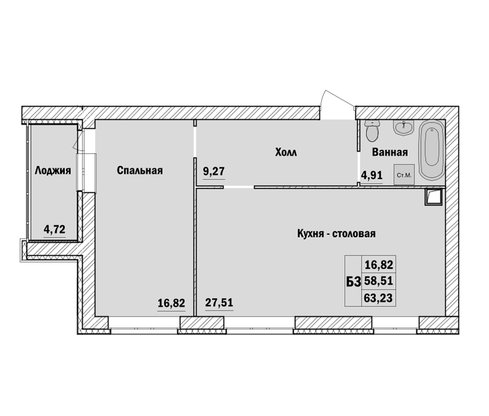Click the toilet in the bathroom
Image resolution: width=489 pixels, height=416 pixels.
(372, 131)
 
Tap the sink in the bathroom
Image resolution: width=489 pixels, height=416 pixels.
(403, 128)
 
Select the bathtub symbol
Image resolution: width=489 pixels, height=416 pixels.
(432, 150)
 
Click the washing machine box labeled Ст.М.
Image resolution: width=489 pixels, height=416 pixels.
(404, 175)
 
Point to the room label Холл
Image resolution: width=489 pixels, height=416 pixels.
(286, 153)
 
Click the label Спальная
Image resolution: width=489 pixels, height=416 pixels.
(140, 171)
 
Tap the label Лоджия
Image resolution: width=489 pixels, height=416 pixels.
(53, 171)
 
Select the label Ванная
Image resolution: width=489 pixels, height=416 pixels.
(390, 152)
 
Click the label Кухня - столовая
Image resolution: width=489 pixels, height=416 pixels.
(336, 234)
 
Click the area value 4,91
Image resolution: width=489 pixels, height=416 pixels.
(372, 175)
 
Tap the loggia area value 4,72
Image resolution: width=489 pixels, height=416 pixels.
(55, 230)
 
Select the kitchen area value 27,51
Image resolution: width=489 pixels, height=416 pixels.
(219, 302)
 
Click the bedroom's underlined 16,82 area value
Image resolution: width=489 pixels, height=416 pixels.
(171, 303)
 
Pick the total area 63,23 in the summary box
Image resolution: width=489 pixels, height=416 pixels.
(378, 299)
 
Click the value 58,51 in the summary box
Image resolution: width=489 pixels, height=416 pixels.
(378, 282)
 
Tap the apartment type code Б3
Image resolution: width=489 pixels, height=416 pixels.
(354, 282)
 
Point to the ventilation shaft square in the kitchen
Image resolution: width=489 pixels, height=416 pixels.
(433, 197)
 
